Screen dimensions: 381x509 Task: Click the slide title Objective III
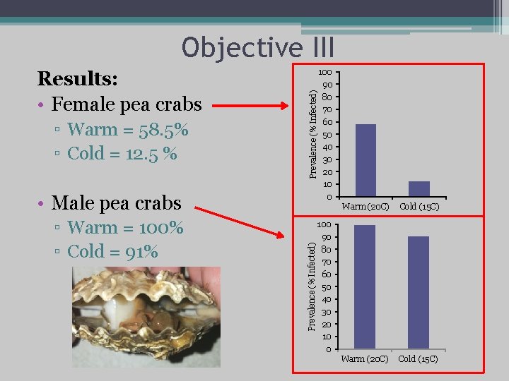[257, 47]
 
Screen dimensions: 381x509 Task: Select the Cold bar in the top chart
[419, 188]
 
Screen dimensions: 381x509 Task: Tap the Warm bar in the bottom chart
[365, 286]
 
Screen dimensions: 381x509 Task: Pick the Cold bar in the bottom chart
[419, 292]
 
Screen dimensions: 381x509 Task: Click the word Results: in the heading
[77, 77]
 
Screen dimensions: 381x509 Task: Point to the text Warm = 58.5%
[128, 130]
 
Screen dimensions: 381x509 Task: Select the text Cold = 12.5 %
[122, 153]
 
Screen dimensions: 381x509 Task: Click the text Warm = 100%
[125, 228]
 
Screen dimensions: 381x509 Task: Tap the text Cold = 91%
[112, 251]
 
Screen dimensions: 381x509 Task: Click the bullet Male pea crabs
[117, 203]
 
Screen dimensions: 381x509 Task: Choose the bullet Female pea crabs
[127, 105]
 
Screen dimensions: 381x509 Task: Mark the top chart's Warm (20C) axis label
[365, 207]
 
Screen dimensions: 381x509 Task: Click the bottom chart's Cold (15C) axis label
[418, 359]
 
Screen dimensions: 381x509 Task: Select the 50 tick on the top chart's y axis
[327, 135]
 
